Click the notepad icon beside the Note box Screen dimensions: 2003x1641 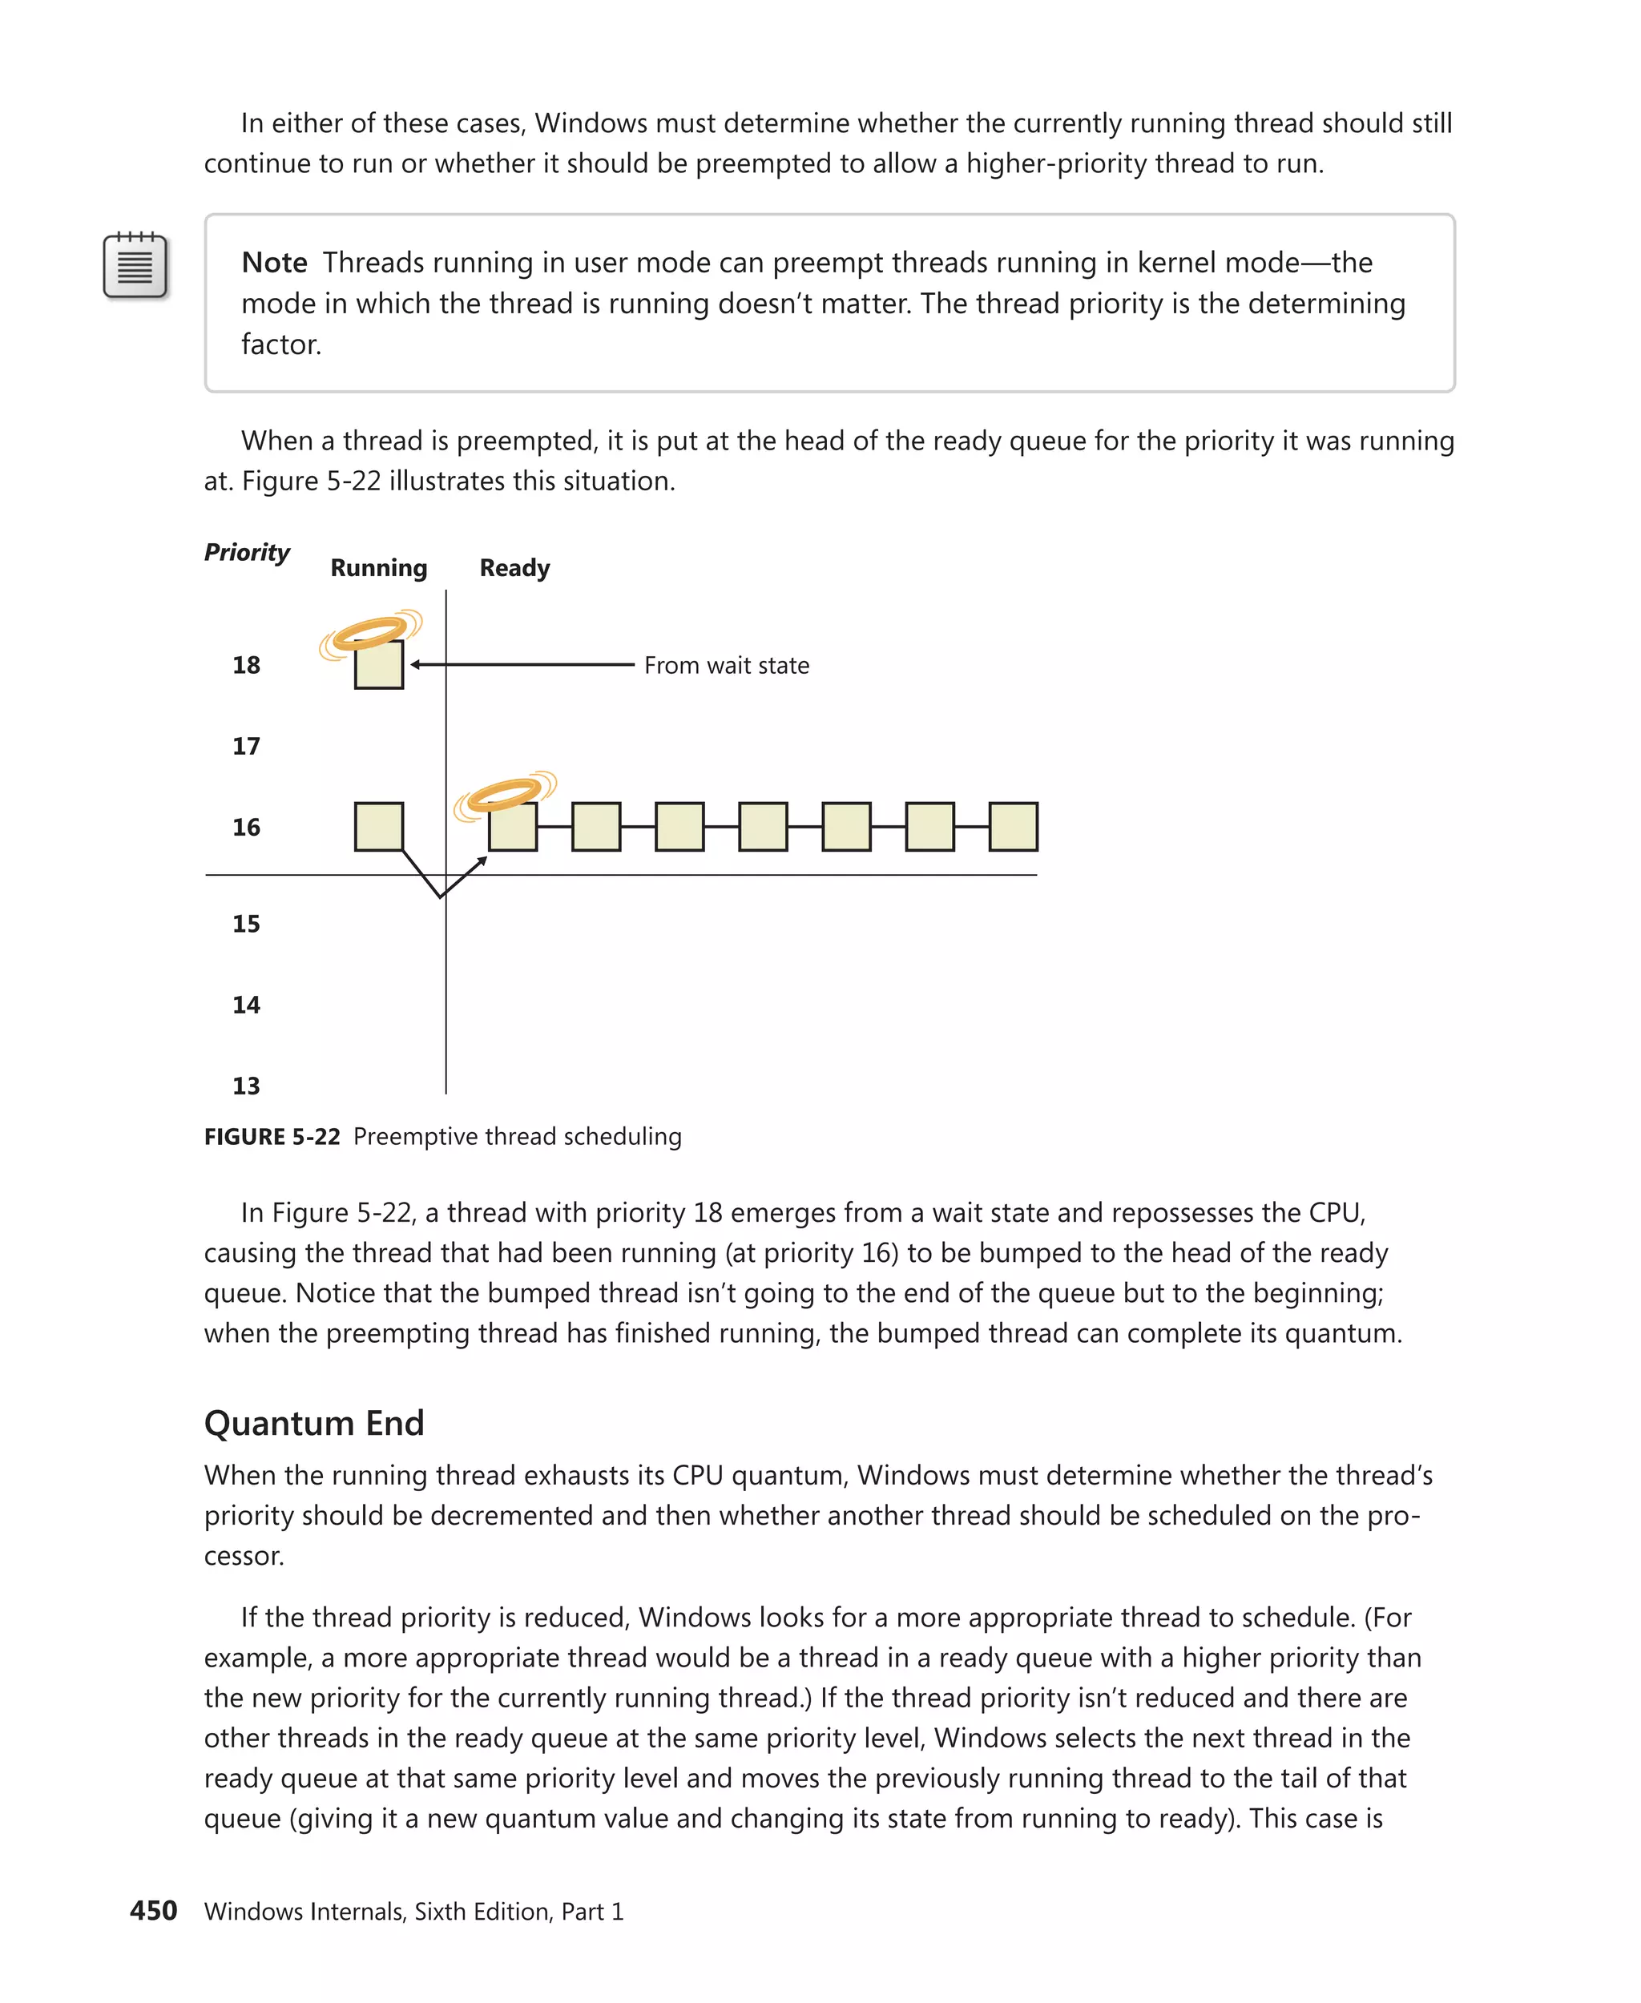135,266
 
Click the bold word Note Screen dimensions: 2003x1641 274,263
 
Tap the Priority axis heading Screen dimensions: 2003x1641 247,552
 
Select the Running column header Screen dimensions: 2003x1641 378,568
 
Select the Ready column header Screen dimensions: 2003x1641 514,568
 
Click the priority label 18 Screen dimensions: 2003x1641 246,666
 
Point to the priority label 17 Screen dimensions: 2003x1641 246,747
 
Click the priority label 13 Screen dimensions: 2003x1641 246,1086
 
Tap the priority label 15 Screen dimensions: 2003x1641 246,924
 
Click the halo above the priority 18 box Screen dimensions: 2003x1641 370,631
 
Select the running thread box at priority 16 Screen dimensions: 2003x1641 379,827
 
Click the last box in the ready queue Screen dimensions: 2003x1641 1014,827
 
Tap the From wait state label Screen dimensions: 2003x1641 726,666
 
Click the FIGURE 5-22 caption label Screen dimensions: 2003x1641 272,1137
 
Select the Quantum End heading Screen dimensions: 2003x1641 314,1424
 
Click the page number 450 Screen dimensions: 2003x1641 153,1910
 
